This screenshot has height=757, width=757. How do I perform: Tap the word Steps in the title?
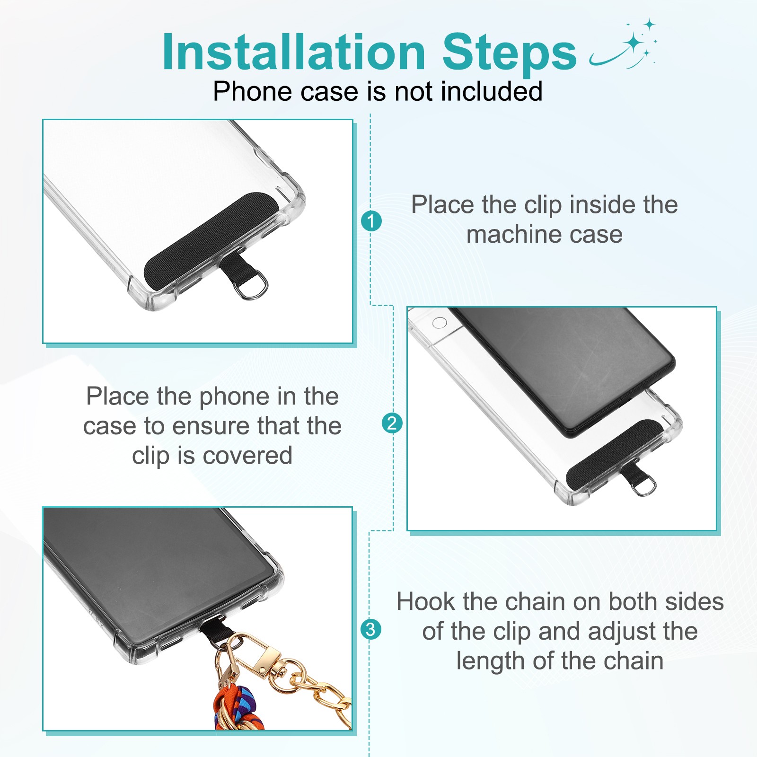(510, 53)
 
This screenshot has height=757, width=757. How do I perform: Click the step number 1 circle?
(371, 221)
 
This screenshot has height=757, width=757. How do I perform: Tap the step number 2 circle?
(392, 423)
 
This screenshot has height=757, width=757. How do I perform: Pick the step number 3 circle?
(371, 629)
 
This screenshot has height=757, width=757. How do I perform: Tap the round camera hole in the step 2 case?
(440, 323)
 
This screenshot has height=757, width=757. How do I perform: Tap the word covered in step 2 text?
(247, 456)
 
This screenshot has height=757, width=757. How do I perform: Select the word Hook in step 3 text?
(427, 602)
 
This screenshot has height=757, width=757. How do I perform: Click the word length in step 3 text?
(491, 661)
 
